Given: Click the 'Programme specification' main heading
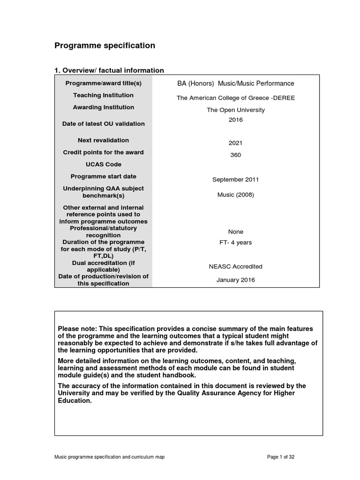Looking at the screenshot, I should pyautogui.click(x=105, y=45).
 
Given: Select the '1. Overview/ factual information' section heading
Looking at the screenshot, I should pyautogui.click(x=109, y=70).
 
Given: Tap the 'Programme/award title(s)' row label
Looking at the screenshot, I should pyautogui.click(x=103, y=83).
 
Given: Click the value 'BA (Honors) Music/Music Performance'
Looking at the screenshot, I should pyautogui.click(x=235, y=83).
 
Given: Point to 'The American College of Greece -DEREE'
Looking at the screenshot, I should pyautogui.click(x=236, y=98).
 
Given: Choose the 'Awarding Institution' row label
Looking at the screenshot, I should pyautogui.click(x=103, y=107).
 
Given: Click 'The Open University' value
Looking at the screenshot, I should pyautogui.click(x=236, y=110).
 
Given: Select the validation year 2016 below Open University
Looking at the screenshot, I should pyautogui.click(x=236, y=120).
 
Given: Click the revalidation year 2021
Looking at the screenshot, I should pyautogui.click(x=236, y=143).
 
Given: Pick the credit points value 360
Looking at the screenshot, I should pyautogui.click(x=236, y=155).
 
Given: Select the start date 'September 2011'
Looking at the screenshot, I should pyautogui.click(x=235, y=180).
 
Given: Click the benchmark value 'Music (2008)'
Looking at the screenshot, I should pyautogui.click(x=236, y=195).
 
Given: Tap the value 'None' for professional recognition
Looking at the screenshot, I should pyautogui.click(x=236, y=232).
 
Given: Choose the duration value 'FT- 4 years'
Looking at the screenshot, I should pyautogui.click(x=236, y=243).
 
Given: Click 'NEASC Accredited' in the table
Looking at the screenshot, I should pyautogui.click(x=235, y=267).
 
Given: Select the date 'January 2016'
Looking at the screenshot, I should pyautogui.click(x=236, y=280).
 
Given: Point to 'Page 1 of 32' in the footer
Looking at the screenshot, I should pyautogui.click(x=281, y=457).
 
